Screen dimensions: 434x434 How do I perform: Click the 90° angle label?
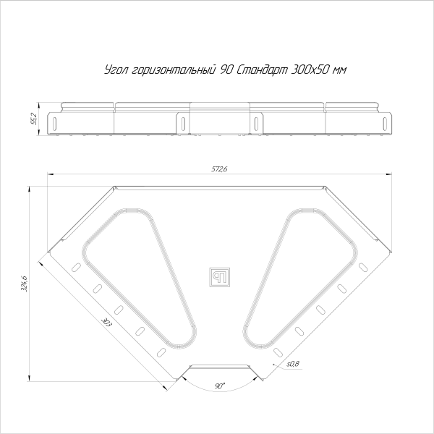tap(219, 387)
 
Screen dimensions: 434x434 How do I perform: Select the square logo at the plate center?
tap(218, 276)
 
